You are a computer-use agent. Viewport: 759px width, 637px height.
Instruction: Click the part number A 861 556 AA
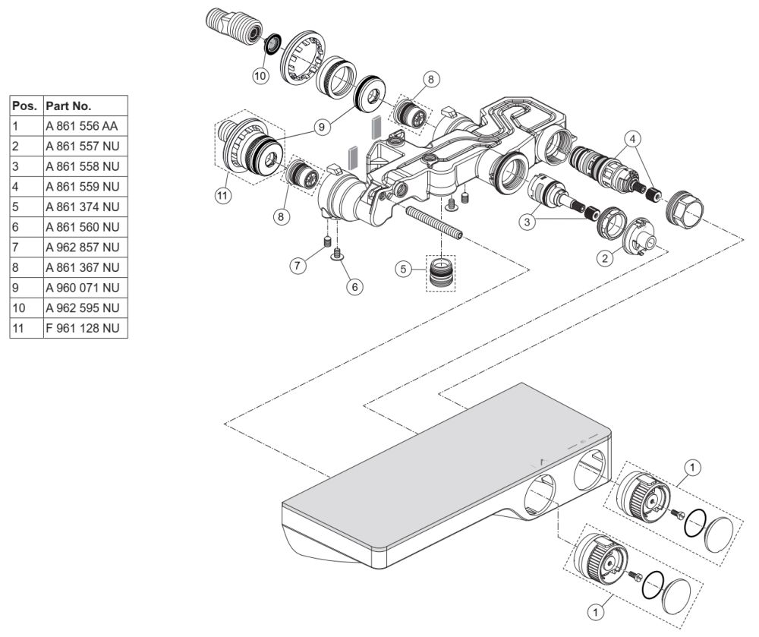82,126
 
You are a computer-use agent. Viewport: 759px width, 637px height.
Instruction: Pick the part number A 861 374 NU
82,207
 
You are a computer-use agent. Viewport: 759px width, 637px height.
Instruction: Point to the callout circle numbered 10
260,75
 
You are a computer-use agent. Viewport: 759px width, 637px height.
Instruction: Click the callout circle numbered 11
222,196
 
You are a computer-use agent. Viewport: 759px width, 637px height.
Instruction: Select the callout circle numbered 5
403,269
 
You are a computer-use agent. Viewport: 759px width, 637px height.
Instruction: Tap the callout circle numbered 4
631,138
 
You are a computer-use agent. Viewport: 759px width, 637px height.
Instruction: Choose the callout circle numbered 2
605,258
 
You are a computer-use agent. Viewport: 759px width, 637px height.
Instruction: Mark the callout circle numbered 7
298,265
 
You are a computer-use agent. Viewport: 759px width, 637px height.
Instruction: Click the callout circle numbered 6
354,286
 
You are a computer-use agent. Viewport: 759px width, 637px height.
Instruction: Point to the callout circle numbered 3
528,222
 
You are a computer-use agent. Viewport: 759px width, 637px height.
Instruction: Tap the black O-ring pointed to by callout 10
273,43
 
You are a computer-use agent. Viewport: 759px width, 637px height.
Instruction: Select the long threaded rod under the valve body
433,222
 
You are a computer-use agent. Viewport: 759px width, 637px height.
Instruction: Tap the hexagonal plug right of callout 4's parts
685,208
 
